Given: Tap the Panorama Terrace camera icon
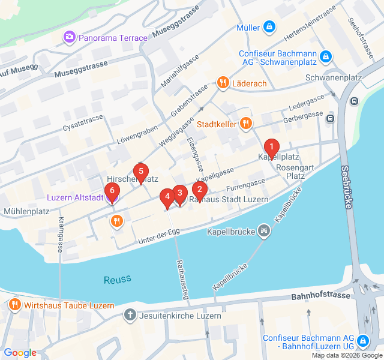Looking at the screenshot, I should tap(70, 38).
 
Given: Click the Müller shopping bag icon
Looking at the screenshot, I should tap(269, 27).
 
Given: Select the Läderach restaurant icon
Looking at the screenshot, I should tap(223, 83).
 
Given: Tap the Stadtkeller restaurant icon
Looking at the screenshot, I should tap(245, 124).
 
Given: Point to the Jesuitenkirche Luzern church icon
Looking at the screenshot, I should tap(130, 315).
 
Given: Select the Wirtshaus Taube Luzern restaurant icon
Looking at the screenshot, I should tap(15, 305).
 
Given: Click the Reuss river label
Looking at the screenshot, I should tap(117, 279).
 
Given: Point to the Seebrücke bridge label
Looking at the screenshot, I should tap(346, 187).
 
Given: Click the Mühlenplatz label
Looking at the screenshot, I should tap(26, 211).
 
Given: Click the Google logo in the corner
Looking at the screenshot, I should tap(20, 353).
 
